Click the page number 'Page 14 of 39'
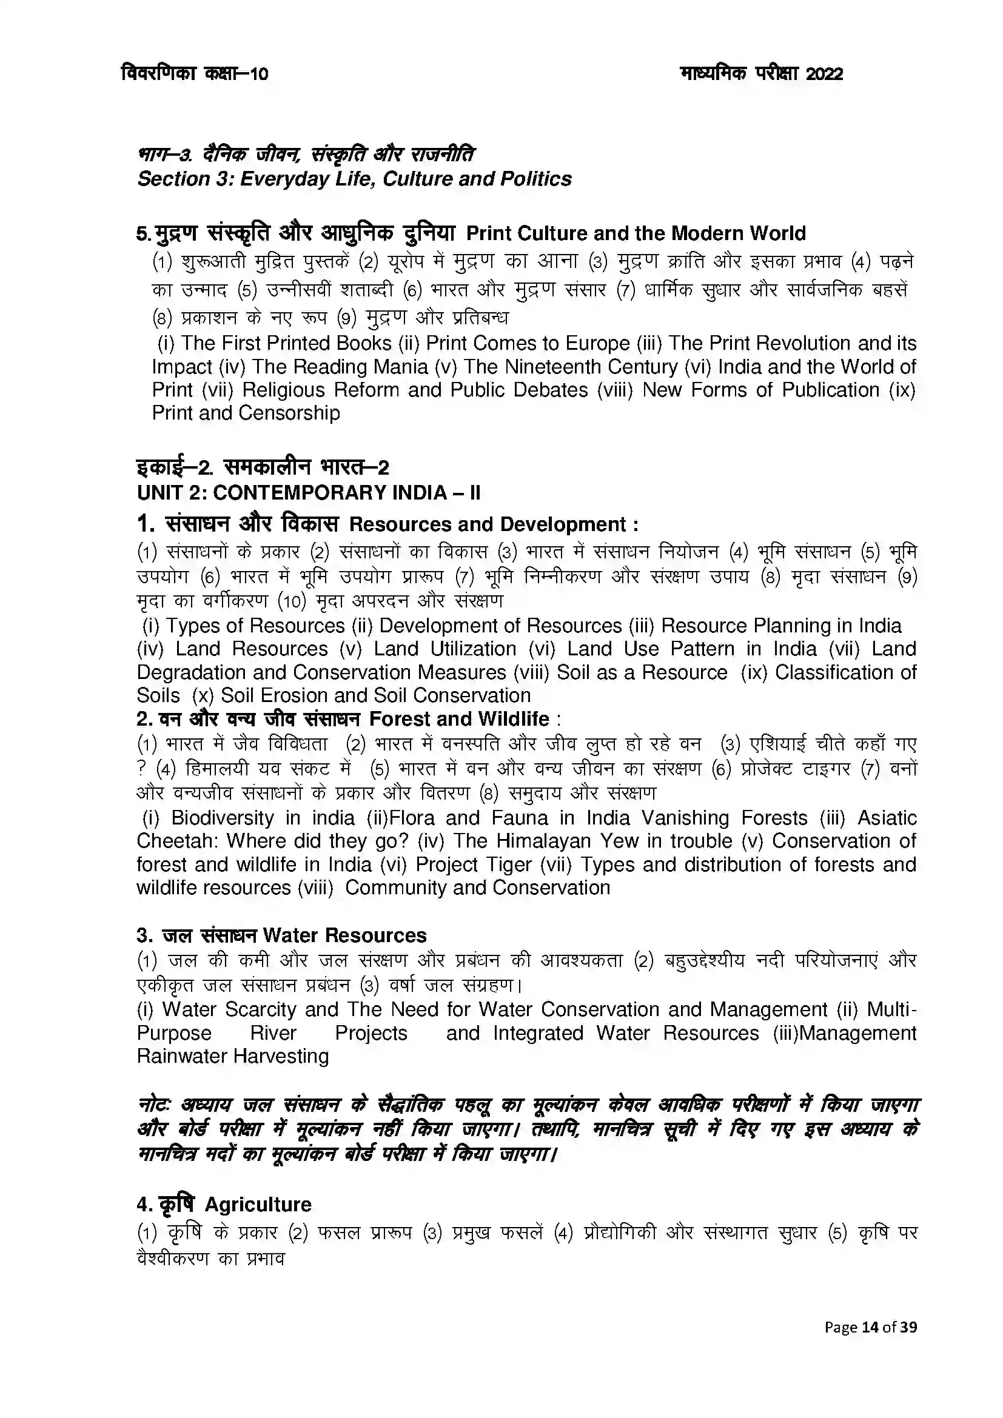point(870,1326)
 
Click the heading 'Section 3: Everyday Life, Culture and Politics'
point(354,178)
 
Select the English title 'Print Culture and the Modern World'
point(636,233)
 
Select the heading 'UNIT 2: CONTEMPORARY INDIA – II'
point(308,493)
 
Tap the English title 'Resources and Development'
point(488,524)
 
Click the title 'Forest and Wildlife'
point(459,719)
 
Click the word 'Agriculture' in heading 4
point(258,1205)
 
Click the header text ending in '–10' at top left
point(195,73)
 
